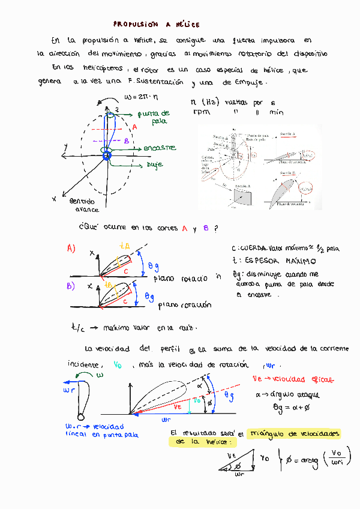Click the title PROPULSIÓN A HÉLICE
coord(156,25)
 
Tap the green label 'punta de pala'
coord(154,116)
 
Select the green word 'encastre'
coord(159,148)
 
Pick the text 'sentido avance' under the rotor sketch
coord(86,205)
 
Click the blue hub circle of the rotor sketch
coord(108,156)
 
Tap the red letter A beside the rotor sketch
coord(135,127)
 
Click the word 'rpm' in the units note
coord(200,112)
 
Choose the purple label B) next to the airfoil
coord(71,286)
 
